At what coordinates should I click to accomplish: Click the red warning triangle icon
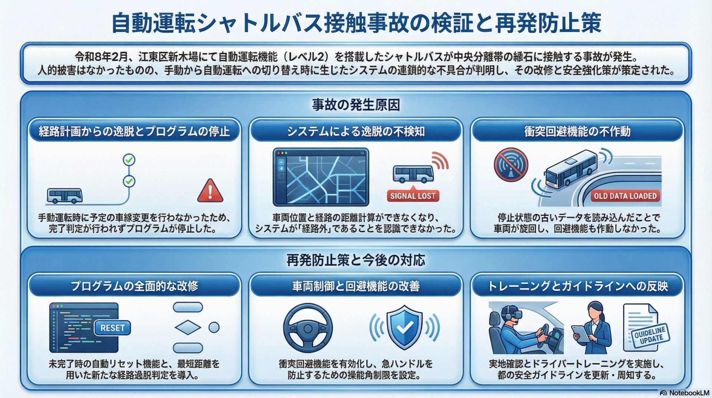(210, 191)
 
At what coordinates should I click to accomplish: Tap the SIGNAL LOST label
(413, 196)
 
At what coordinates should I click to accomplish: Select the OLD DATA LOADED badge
(625, 196)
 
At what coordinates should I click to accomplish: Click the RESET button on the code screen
(112, 328)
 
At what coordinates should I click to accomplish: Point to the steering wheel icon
(308, 328)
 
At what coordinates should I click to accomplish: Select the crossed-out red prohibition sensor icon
(511, 165)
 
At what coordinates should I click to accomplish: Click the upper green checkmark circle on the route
(129, 160)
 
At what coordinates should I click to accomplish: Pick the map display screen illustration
(321, 177)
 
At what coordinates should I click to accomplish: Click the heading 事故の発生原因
(356, 105)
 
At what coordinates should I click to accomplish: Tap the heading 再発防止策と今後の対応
(356, 260)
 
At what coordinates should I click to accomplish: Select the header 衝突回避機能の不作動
(577, 131)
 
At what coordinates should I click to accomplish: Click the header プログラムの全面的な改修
(134, 286)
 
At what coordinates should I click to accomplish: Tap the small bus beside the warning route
(65, 196)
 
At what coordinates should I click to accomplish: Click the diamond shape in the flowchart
(188, 327)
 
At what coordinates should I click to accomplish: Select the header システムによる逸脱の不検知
(356, 131)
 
